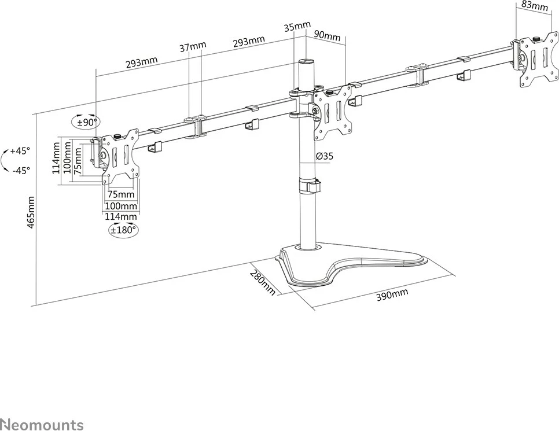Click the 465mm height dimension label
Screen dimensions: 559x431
point(31,212)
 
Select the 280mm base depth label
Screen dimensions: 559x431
point(263,283)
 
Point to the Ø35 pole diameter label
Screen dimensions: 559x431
point(325,156)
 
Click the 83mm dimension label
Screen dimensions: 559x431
point(534,6)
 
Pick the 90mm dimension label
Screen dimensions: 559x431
point(328,36)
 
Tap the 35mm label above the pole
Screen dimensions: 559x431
point(297,27)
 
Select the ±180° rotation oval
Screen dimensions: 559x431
point(123,230)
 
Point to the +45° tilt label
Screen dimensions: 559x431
point(20,151)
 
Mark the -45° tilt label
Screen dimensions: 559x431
point(21,171)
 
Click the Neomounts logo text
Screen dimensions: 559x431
point(42,425)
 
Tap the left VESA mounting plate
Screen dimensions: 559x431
point(120,156)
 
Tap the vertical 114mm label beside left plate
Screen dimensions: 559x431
point(56,158)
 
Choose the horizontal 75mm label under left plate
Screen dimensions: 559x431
point(121,194)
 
